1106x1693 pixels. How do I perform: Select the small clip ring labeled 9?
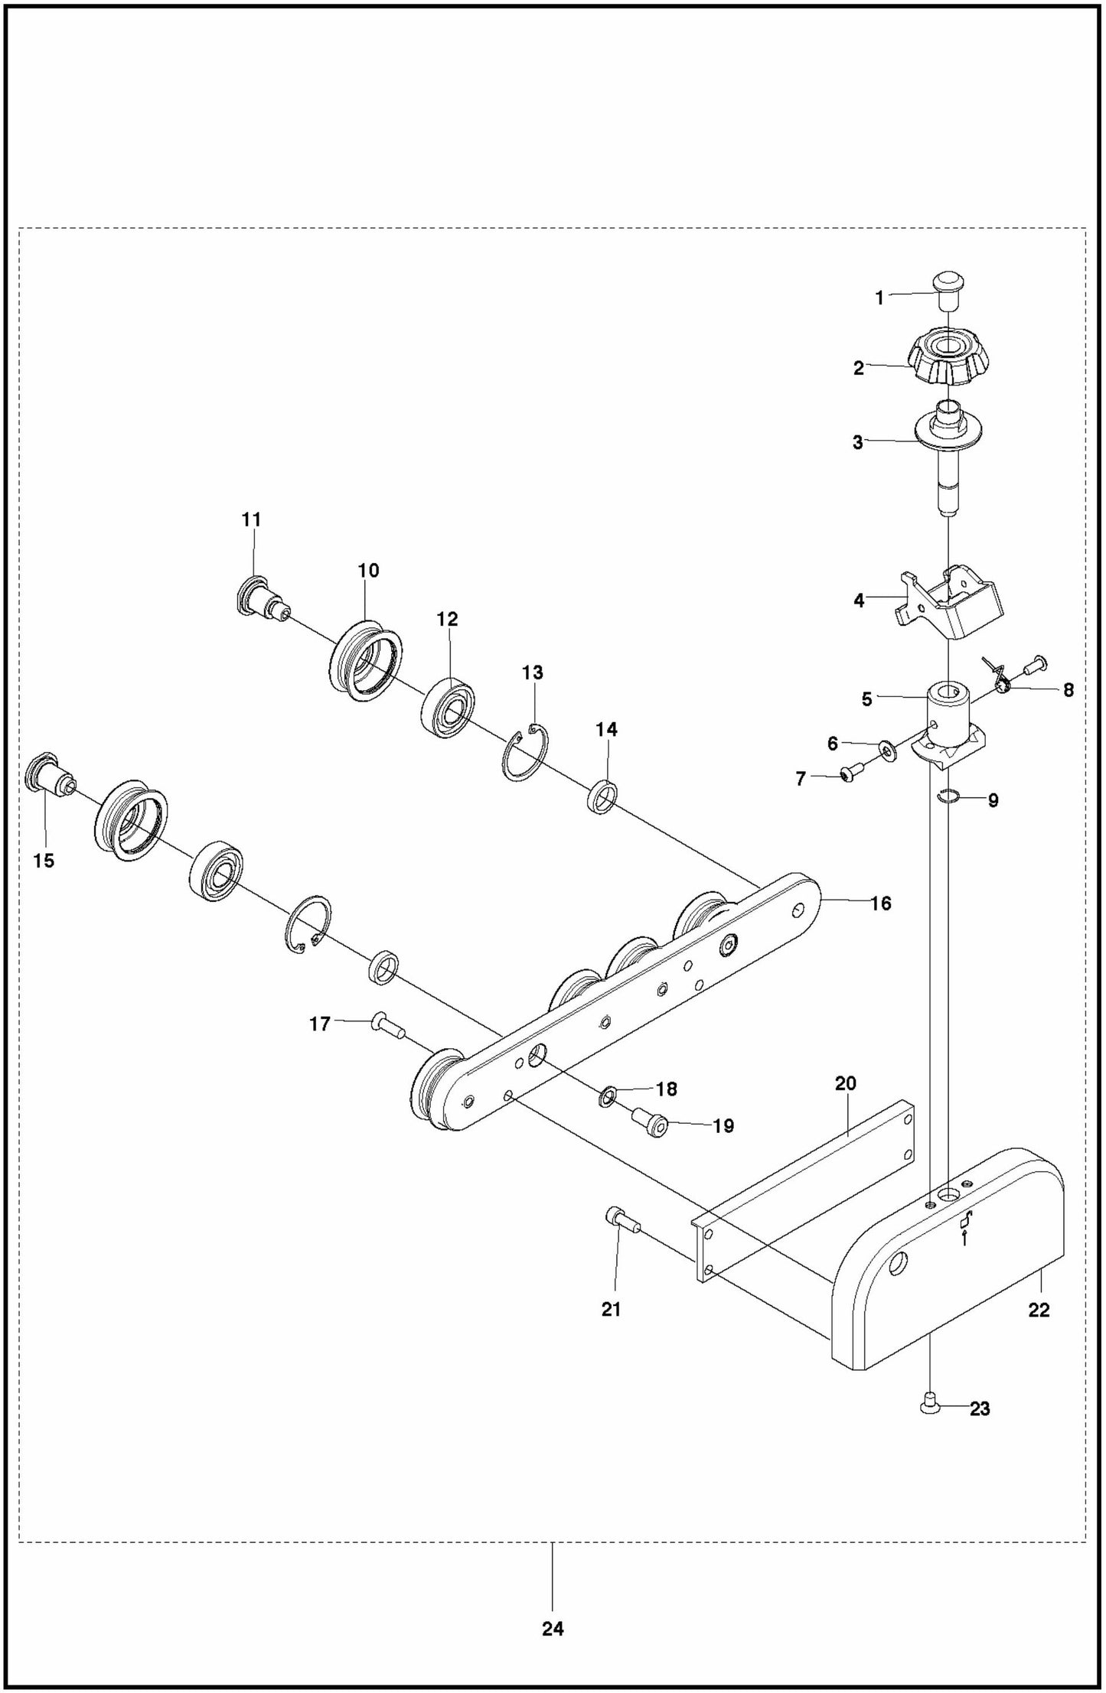click(x=949, y=798)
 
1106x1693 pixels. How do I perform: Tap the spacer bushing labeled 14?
click(x=604, y=796)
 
